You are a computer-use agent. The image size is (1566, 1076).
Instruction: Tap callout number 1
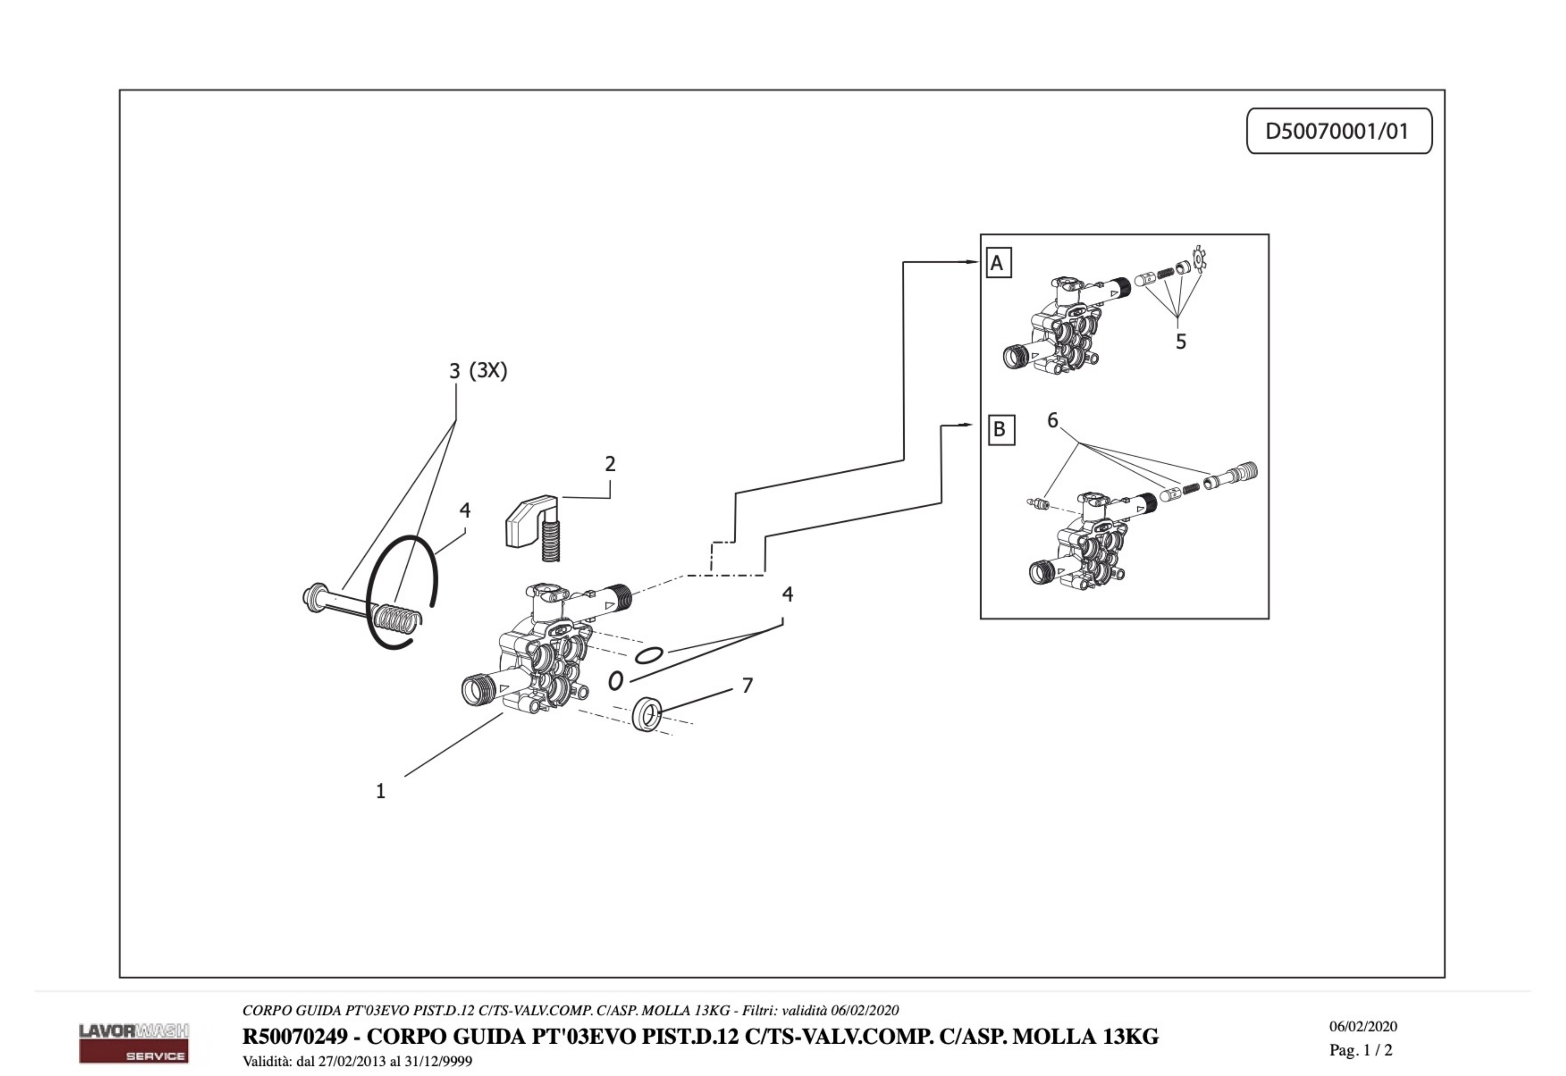(x=380, y=791)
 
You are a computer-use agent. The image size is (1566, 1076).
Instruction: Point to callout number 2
(x=610, y=464)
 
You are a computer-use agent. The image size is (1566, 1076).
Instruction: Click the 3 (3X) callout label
(x=478, y=371)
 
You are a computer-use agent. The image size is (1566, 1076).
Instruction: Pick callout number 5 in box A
(x=1180, y=342)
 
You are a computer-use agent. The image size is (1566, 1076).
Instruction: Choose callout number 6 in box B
(x=1052, y=421)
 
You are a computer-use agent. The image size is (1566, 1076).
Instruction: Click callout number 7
(x=747, y=686)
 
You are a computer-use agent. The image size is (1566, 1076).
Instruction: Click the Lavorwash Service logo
(x=134, y=1042)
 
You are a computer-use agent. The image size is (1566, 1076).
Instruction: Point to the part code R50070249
(x=295, y=1036)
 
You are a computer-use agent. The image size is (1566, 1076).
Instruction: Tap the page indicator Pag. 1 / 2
(x=1360, y=1050)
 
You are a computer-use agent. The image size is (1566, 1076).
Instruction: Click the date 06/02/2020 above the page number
(x=1363, y=1027)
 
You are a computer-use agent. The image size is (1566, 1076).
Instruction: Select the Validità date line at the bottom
(x=357, y=1061)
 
